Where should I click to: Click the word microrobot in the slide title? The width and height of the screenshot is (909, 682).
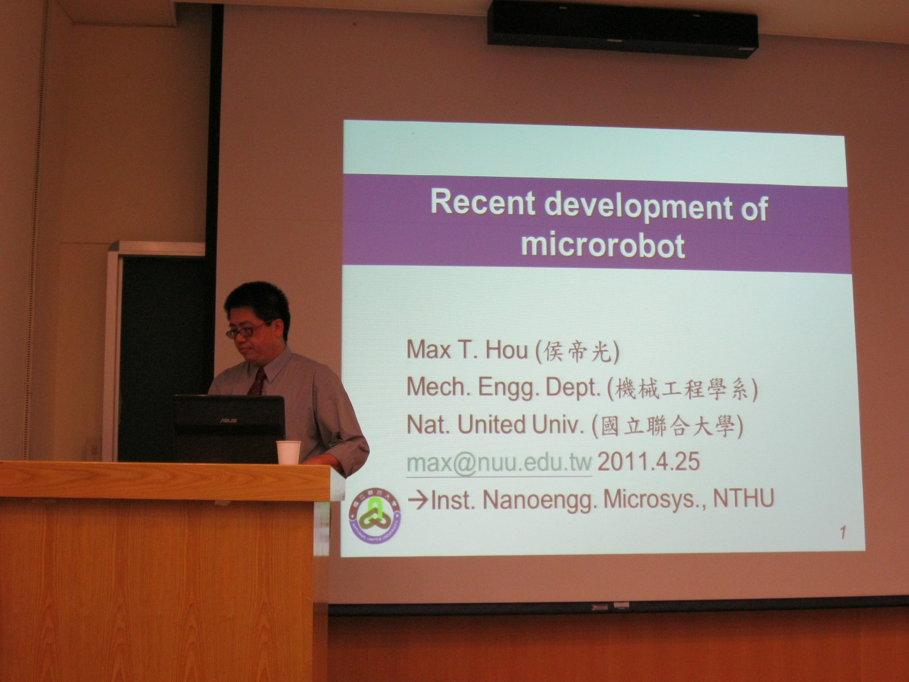coord(603,246)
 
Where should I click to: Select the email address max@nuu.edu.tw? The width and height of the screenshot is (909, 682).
coord(499,463)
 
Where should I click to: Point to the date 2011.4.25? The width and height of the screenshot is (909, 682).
coord(648,461)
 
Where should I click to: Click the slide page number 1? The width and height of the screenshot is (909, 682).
coord(843,533)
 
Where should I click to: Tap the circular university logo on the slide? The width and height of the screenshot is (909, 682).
coord(375,515)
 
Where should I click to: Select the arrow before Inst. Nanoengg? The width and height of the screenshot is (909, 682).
coord(418,500)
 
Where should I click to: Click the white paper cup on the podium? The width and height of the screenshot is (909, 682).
coord(289,452)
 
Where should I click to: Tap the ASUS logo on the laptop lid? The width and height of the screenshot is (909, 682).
coord(228,421)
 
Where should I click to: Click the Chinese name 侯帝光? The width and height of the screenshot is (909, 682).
coord(577,352)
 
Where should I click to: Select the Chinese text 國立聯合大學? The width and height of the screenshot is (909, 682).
coord(668,426)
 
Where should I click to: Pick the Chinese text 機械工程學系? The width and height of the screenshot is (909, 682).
coord(682,389)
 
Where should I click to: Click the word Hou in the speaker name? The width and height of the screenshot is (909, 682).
coord(507,350)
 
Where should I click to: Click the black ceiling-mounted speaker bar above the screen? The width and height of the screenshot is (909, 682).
coord(623,28)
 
